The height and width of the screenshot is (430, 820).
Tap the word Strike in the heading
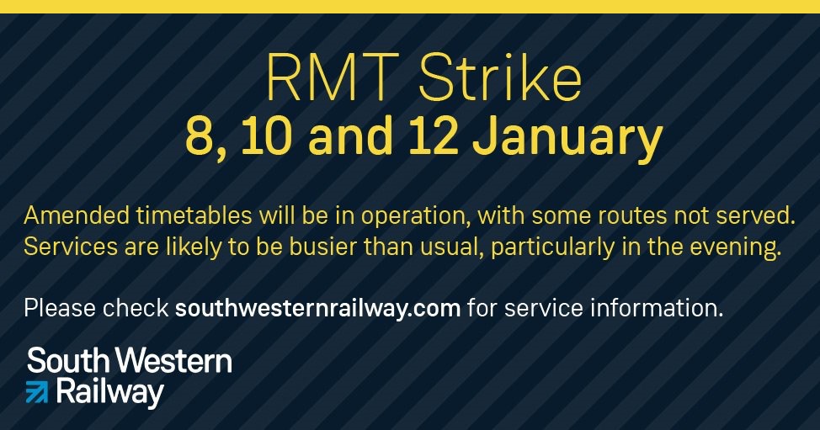click(x=500, y=77)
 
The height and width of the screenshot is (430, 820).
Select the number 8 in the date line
click(x=200, y=136)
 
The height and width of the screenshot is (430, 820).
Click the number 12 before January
click(x=433, y=136)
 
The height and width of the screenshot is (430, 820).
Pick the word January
click(x=567, y=138)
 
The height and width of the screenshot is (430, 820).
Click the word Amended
click(x=77, y=215)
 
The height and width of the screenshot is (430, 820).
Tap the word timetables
click(x=194, y=215)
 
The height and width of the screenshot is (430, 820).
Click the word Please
click(x=60, y=308)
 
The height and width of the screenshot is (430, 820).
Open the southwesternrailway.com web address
click(x=317, y=309)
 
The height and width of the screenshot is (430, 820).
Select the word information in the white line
click(x=657, y=308)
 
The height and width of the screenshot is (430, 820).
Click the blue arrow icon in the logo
click(x=36, y=392)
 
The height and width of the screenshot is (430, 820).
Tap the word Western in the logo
click(x=173, y=360)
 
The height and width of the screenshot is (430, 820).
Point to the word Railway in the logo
click(x=109, y=393)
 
